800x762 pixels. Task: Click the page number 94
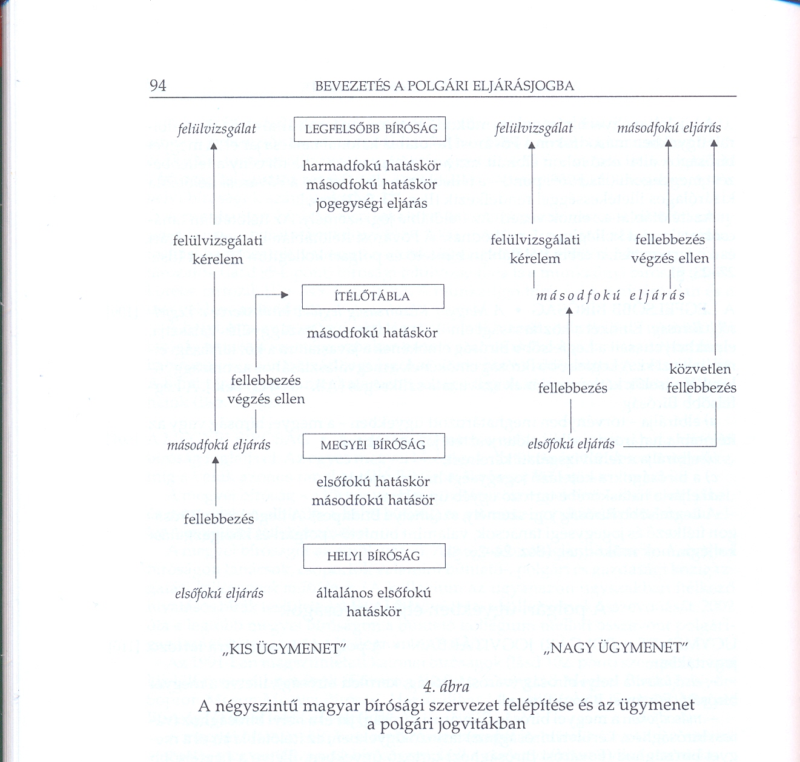[x=158, y=85]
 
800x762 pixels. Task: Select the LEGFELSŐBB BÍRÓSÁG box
[x=370, y=129]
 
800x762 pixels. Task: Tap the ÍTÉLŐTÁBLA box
[x=372, y=296]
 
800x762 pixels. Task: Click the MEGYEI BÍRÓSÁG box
[x=373, y=445]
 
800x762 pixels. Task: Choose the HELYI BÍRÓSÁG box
[x=374, y=556]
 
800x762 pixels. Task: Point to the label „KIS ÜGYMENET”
[x=284, y=649]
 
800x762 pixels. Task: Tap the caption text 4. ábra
[x=446, y=687]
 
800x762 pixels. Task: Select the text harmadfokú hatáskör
[x=372, y=166]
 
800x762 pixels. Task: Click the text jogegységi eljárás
[x=372, y=204]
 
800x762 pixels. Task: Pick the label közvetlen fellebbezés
[x=701, y=378]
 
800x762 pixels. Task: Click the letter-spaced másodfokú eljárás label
[x=610, y=296]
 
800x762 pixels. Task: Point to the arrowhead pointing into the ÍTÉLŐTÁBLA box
[x=284, y=295]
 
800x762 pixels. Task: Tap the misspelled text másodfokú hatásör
[x=373, y=500]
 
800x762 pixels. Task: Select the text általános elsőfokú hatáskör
[x=374, y=602]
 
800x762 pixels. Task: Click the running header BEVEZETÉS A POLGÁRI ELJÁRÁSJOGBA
[x=445, y=85]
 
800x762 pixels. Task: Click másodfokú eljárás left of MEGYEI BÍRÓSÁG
[x=219, y=445]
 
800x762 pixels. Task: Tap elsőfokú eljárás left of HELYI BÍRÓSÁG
[x=219, y=594]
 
